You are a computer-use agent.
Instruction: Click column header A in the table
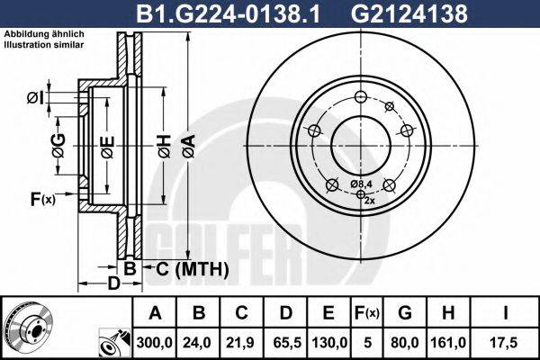point(156,314)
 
